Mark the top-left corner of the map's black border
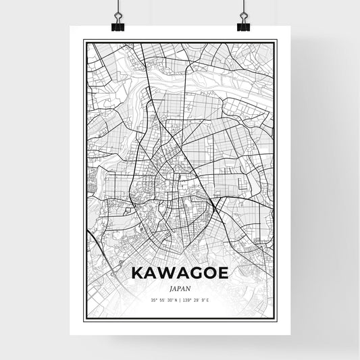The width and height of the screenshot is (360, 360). coord(84,41)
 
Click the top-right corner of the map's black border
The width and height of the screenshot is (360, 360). coord(276,41)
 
